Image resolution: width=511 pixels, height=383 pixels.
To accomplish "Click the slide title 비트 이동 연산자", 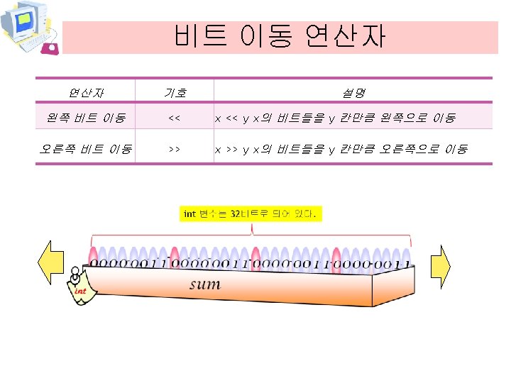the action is point(280,36).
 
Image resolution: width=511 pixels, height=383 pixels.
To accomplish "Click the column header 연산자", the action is point(84,92).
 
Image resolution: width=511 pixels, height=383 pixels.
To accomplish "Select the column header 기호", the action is point(175,92).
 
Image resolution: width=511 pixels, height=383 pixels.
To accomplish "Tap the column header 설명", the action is point(353,92).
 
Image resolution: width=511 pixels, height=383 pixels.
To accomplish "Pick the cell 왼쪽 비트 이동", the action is point(84,117).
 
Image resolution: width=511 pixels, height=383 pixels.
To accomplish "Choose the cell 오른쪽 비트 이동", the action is point(84,150).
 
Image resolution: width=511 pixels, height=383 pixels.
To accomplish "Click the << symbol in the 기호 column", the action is point(174,118).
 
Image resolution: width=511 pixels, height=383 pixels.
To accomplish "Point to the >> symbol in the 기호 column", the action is point(174,150).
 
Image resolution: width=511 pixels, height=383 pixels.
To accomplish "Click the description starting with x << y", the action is point(335,118).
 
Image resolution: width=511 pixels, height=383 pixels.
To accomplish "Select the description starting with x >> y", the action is point(341,150).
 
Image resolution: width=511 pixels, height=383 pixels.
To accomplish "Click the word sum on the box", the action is point(204,284).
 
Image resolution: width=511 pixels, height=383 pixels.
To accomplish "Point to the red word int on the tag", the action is point(80,291).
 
